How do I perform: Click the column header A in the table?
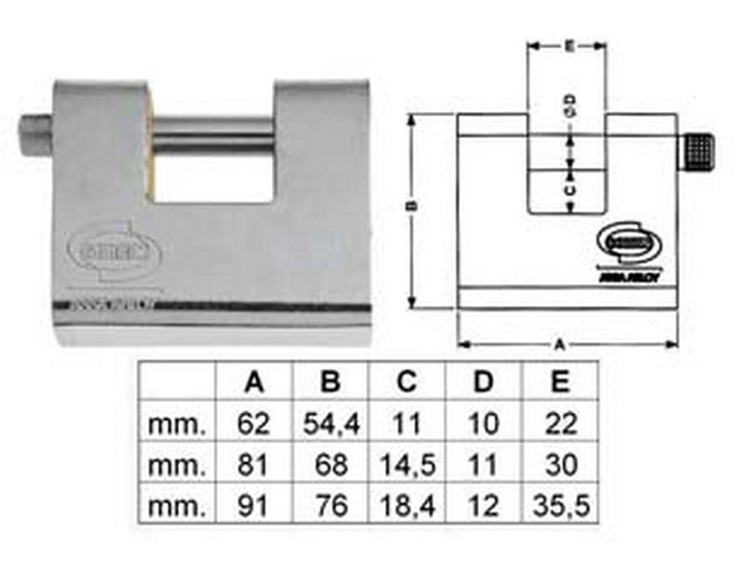point(255,382)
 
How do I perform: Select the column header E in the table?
point(559,382)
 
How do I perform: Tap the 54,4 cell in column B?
point(331,424)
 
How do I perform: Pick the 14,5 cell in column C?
point(407,465)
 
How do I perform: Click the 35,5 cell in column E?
point(559,505)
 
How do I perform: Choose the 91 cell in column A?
point(255,505)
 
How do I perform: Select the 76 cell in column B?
point(331,505)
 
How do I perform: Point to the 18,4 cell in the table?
point(407,505)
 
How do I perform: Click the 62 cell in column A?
point(255,424)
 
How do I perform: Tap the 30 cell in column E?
point(559,465)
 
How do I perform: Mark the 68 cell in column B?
point(331,465)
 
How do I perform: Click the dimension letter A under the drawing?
point(559,344)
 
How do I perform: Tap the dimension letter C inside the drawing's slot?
point(570,190)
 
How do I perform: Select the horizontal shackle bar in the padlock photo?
point(215,137)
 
